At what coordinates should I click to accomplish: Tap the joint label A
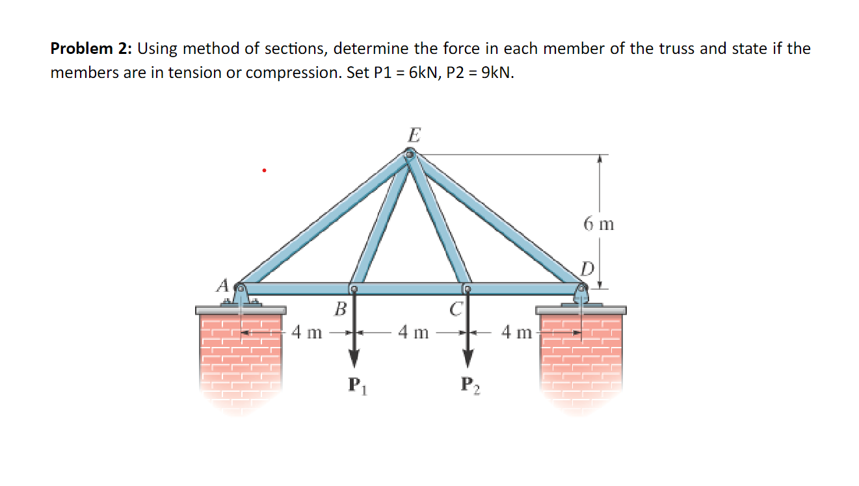pos(223,285)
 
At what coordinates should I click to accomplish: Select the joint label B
pos(339,309)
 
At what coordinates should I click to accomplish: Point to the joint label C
pos(456,309)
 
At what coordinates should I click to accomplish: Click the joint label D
pos(588,268)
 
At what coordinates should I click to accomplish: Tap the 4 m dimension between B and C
pos(413,333)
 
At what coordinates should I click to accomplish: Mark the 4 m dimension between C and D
pos(517,333)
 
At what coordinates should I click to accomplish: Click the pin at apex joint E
pos(410,155)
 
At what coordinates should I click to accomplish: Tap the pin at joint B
pos(353,288)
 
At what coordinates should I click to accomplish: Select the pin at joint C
pos(466,288)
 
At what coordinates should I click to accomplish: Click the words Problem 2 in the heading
pos(90,48)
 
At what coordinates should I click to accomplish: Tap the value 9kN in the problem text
pos(494,72)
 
